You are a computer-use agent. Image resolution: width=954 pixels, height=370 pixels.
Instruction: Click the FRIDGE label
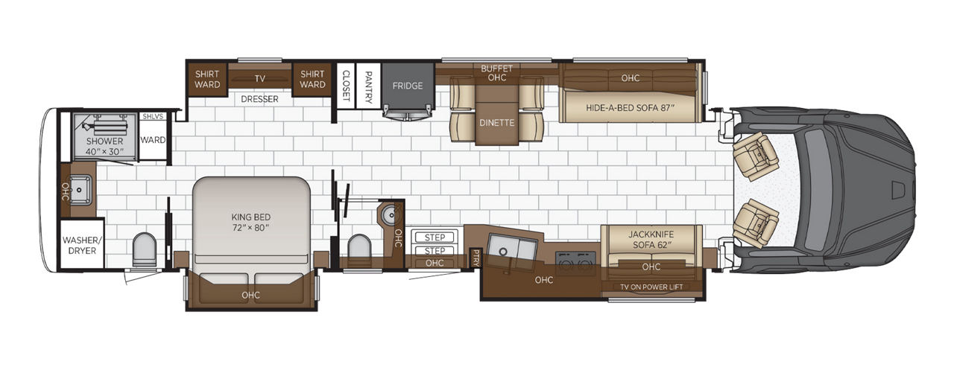(x=408, y=86)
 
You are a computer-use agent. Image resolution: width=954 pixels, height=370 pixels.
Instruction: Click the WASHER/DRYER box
(x=81, y=246)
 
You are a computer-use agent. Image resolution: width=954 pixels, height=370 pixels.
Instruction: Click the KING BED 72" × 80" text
(x=250, y=222)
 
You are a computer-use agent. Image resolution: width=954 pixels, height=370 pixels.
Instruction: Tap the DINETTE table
(x=497, y=122)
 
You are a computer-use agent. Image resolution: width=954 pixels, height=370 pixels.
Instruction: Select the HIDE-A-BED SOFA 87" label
(x=630, y=107)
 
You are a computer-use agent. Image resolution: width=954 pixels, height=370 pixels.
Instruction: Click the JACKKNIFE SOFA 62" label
(x=651, y=239)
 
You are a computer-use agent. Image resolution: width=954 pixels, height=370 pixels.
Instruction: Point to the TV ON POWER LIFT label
(x=651, y=287)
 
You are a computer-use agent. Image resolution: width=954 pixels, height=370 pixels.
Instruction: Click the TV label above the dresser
(x=260, y=78)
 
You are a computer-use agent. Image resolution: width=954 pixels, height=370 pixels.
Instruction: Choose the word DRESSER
(x=259, y=99)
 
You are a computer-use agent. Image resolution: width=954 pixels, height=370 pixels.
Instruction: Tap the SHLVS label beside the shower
(x=152, y=116)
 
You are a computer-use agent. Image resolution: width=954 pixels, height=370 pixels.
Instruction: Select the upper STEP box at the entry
(x=435, y=237)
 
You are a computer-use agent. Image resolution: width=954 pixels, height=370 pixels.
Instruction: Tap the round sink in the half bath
(x=388, y=215)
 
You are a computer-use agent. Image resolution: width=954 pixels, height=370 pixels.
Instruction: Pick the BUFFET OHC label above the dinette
(x=497, y=72)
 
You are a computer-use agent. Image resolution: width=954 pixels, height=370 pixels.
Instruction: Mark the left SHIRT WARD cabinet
(x=207, y=79)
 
